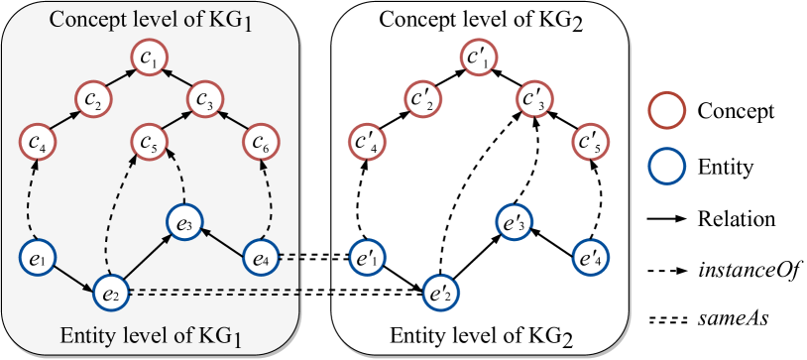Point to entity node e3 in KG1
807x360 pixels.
[185, 222]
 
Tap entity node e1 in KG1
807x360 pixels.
[36, 260]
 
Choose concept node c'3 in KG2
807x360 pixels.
[536, 101]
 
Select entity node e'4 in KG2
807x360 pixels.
[592, 260]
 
